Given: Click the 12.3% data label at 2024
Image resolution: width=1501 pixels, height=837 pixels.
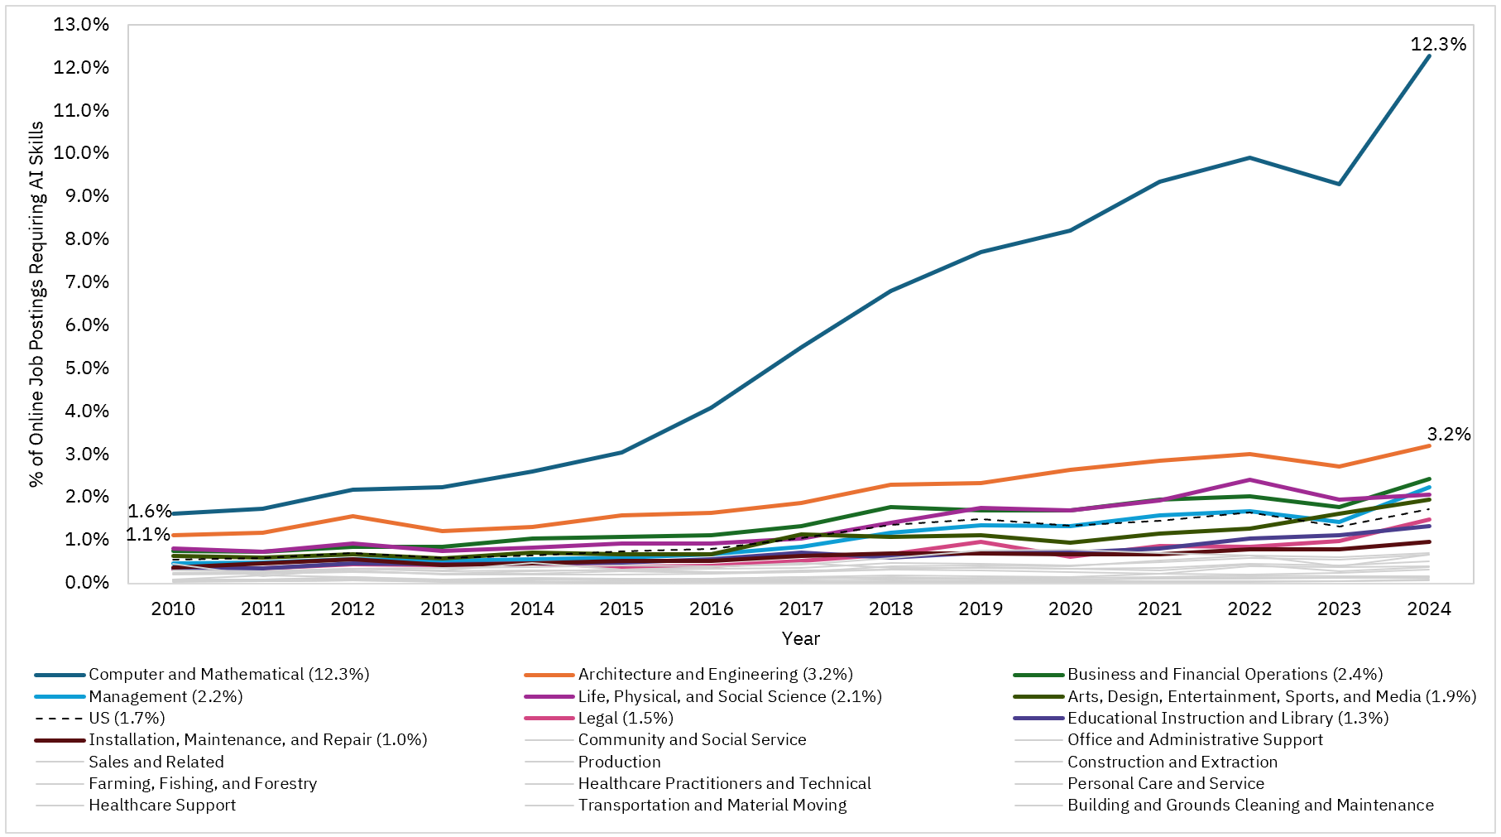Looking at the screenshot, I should (x=1438, y=45).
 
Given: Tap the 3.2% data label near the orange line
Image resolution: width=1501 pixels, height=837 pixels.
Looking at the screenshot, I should (x=1449, y=435).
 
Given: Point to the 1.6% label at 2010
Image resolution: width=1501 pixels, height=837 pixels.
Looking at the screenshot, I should (x=149, y=512).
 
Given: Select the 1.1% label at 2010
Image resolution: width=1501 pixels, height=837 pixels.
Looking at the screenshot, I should (x=148, y=535).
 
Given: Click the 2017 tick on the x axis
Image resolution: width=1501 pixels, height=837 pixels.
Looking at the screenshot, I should (x=800, y=609).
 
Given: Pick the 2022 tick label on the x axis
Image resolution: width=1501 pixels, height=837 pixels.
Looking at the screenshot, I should (x=1249, y=609).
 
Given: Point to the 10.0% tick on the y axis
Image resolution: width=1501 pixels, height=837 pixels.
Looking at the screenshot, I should (x=81, y=153).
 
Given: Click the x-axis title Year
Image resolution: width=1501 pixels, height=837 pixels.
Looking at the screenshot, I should (x=800, y=639).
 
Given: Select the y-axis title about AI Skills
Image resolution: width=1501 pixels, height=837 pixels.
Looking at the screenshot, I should (x=36, y=305).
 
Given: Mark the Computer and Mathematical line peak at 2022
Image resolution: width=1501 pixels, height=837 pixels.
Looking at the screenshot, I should (x=1249, y=157).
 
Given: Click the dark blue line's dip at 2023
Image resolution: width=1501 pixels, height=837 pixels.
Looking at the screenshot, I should (x=1339, y=184).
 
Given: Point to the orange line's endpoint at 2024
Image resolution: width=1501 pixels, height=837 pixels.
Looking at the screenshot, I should (x=1429, y=445).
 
